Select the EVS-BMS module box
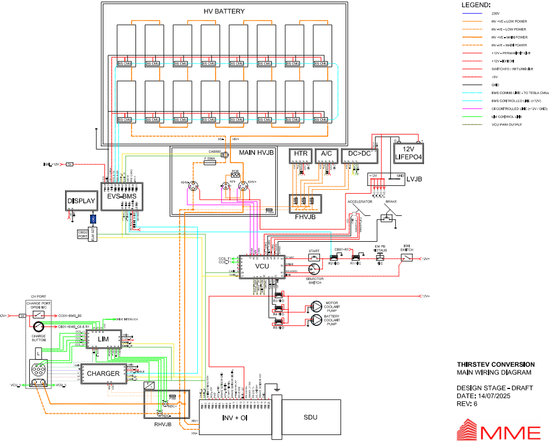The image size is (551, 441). pyautogui.click(x=122, y=196)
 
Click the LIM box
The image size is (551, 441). pyautogui.click(x=103, y=339)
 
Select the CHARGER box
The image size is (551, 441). pyautogui.click(x=103, y=373)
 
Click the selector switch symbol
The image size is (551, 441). pyautogui.click(x=314, y=269)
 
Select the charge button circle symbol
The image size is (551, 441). pyautogui.click(x=38, y=326)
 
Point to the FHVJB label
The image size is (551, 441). pyautogui.click(x=305, y=217)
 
